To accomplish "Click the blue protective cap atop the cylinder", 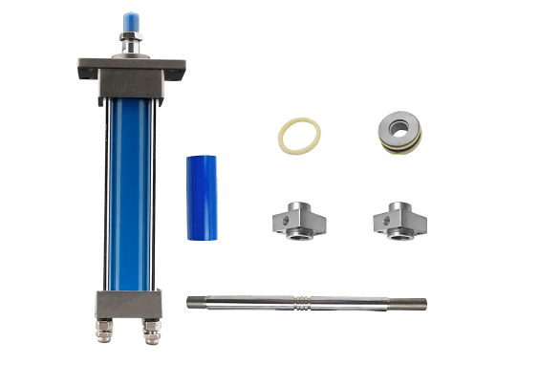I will coord(129,21).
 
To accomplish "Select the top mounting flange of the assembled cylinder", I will coord(129,69).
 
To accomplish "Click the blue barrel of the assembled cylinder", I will coord(129,191).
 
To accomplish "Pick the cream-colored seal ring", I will coord(298,135).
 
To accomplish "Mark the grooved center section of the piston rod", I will coord(302,303).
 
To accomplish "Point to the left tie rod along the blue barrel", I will coord(104,191).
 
